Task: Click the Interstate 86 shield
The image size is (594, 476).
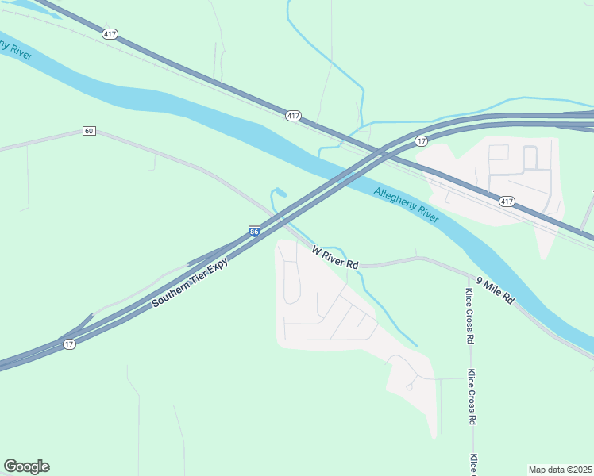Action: tap(254, 231)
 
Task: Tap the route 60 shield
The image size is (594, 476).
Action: tap(89, 131)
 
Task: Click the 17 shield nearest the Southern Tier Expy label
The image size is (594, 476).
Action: tap(70, 344)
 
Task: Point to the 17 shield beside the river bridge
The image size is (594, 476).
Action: tap(421, 141)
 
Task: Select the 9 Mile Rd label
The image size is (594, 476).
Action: tap(496, 291)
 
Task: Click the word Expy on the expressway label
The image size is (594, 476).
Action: tap(218, 265)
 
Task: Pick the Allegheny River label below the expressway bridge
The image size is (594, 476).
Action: tap(406, 204)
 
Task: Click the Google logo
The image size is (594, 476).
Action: tap(26, 466)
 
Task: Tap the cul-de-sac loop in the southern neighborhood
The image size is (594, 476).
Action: tap(408, 387)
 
